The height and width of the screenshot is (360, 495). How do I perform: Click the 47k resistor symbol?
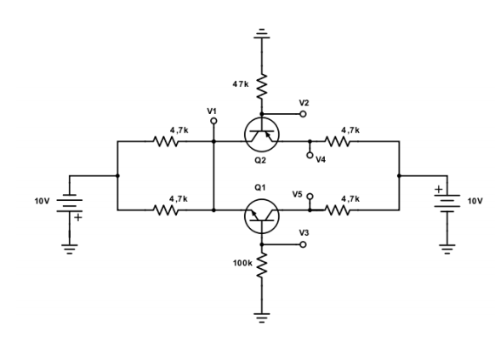pos(262,85)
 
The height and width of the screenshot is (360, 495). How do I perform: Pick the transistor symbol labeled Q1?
pos(262,218)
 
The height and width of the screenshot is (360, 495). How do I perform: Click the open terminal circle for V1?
pos(213,122)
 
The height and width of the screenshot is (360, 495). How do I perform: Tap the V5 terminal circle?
pos(310,195)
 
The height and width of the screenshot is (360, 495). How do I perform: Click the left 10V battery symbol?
pos(71,204)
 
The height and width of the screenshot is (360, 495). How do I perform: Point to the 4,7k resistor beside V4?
pos(350,142)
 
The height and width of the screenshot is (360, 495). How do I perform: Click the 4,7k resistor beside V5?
pos(350,209)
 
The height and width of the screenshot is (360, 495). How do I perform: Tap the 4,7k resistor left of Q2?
pos(165,142)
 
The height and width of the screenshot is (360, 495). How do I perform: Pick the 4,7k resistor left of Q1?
pos(165,209)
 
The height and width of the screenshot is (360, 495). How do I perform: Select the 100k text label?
pos(242,264)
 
